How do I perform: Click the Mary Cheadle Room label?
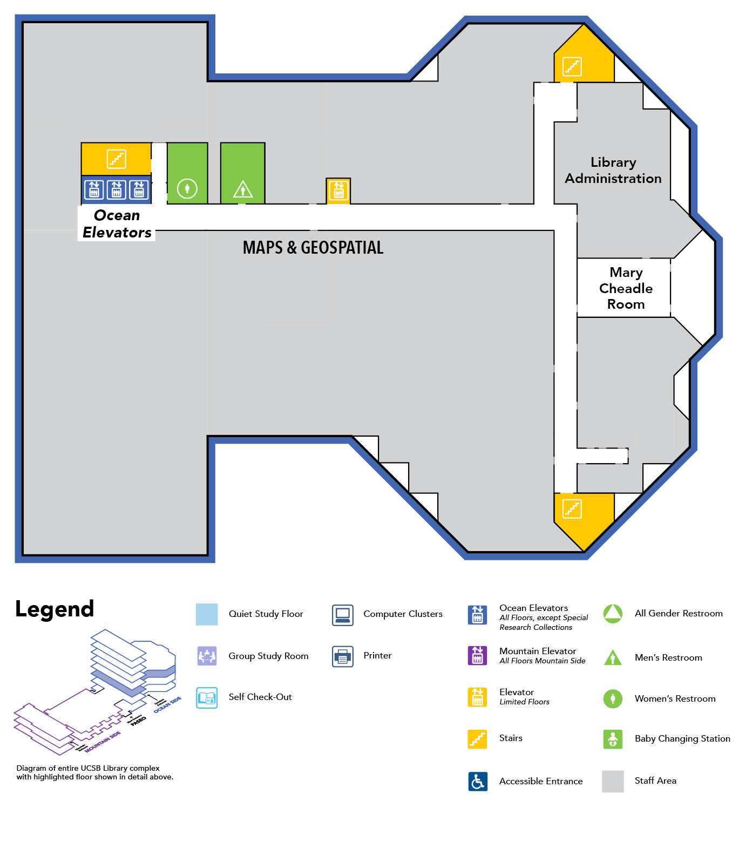pyautogui.click(x=626, y=288)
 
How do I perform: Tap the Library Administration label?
pyautogui.click(x=613, y=171)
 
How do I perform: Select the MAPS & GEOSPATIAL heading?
pyautogui.click(x=313, y=248)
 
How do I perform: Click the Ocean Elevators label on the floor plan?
pyautogui.click(x=117, y=224)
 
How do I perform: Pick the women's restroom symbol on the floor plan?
pyautogui.click(x=187, y=189)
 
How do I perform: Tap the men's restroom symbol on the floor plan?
pyautogui.click(x=243, y=189)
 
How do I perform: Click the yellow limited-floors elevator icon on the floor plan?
pyautogui.click(x=338, y=191)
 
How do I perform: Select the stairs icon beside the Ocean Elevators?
pyautogui.click(x=117, y=159)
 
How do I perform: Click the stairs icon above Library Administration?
pyautogui.click(x=572, y=67)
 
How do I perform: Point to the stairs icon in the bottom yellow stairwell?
pyautogui.click(x=572, y=508)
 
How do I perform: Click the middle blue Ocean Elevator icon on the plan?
pyautogui.click(x=117, y=189)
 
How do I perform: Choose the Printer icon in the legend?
pyautogui.click(x=343, y=656)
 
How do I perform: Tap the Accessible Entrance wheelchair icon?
pyautogui.click(x=478, y=781)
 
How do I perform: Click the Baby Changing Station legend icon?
pyautogui.click(x=613, y=739)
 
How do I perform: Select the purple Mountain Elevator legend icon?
pyautogui.click(x=477, y=656)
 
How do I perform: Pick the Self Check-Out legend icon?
pyautogui.click(x=207, y=697)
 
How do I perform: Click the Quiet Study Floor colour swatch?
pyautogui.click(x=207, y=614)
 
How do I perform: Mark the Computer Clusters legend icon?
pyautogui.click(x=343, y=615)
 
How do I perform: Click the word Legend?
pyautogui.click(x=55, y=609)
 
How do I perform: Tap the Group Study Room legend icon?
pyautogui.click(x=207, y=656)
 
